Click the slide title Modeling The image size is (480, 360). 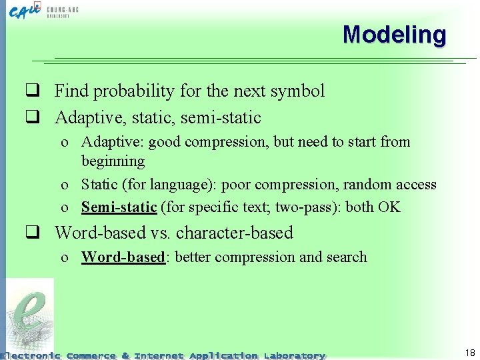[394, 35]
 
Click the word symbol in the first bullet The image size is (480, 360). [294, 91]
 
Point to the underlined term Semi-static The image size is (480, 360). [119, 207]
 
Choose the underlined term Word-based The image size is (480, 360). [123, 257]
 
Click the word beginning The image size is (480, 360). [113, 161]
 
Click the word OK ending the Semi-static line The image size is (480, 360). [389, 207]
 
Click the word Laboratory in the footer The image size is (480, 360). [294, 355]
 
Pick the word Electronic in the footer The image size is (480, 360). [31, 355]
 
